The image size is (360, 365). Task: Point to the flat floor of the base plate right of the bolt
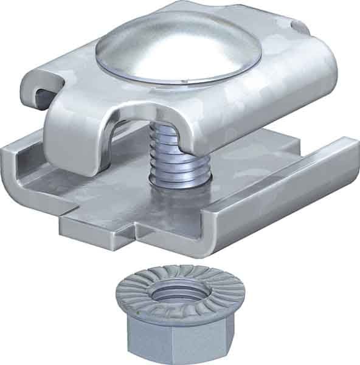243,182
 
